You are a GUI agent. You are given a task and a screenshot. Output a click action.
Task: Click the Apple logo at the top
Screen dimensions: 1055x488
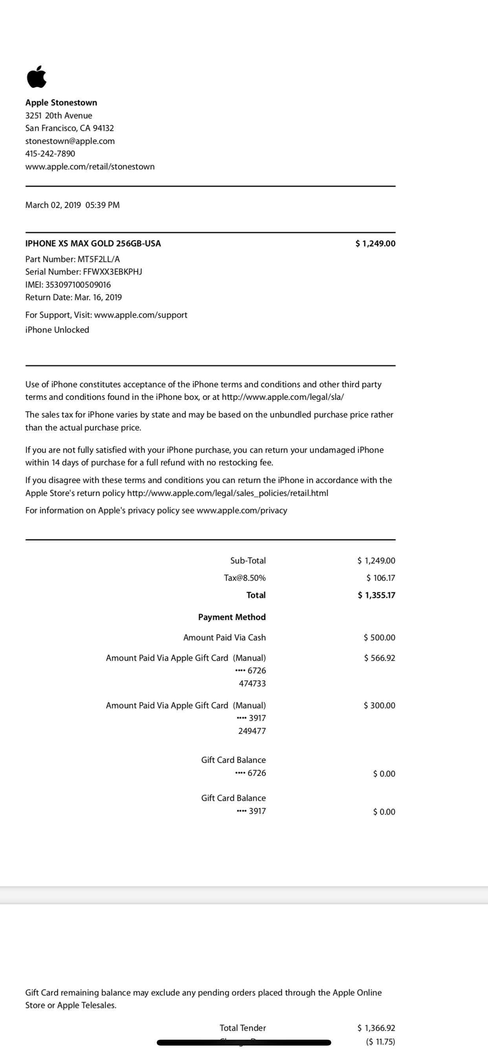[x=37, y=77]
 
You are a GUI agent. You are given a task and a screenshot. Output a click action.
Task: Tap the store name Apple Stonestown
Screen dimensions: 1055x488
[x=61, y=102]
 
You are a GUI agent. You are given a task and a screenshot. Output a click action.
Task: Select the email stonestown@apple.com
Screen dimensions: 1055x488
[x=70, y=141]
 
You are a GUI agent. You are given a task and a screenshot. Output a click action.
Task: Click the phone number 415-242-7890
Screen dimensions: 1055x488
[x=50, y=153]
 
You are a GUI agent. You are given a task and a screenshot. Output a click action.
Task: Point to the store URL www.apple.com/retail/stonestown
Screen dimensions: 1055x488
[x=90, y=166]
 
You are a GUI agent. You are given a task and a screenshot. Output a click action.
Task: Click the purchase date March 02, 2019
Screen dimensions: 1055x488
[x=53, y=205]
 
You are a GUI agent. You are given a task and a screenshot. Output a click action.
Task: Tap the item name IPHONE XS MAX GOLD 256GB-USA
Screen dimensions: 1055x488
[x=93, y=243]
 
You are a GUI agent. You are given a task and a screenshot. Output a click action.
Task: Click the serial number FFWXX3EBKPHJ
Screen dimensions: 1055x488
[x=112, y=272]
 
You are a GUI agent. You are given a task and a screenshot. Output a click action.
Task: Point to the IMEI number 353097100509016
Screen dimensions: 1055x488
[x=78, y=285]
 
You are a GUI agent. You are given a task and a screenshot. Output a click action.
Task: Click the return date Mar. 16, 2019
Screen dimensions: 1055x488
[x=98, y=298]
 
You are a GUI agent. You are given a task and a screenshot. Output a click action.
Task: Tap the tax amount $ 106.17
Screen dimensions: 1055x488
[x=381, y=578]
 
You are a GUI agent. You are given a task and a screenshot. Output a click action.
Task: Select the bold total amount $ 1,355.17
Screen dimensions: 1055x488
[x=376, y=595]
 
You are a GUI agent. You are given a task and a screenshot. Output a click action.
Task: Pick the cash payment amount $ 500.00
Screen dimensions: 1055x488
[x=379, y=637]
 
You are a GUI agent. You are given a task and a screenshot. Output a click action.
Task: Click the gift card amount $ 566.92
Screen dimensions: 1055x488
[x=379, y=658]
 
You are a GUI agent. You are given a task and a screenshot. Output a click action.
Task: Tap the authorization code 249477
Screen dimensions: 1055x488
[x=252, y=731]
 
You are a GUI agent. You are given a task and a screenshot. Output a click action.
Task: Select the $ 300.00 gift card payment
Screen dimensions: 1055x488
[x=379, y=705]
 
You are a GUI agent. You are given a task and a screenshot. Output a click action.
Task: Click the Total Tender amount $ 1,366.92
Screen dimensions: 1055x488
[x=376, y=1028]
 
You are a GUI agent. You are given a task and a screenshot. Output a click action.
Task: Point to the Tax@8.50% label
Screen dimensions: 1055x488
[x=244, y=578]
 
